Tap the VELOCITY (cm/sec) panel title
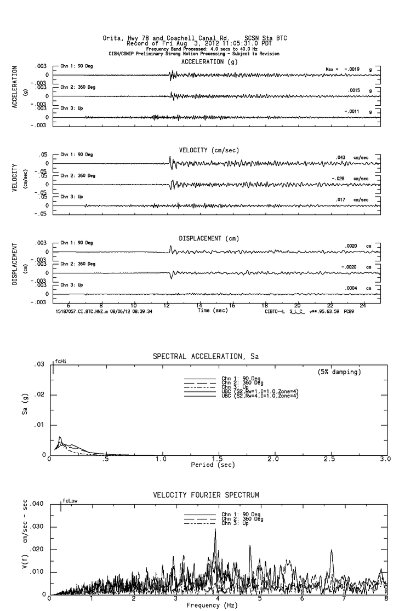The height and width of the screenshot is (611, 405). point(209,150)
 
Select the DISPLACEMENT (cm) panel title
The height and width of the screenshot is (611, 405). point(209,238)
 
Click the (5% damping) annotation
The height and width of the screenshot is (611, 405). point(339,372)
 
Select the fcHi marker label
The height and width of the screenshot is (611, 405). point(60,361)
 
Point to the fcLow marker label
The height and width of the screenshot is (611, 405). point(70,500)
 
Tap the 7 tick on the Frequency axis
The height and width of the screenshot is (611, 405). point(345,598)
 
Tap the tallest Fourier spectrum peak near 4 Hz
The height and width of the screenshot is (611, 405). point(216,530)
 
